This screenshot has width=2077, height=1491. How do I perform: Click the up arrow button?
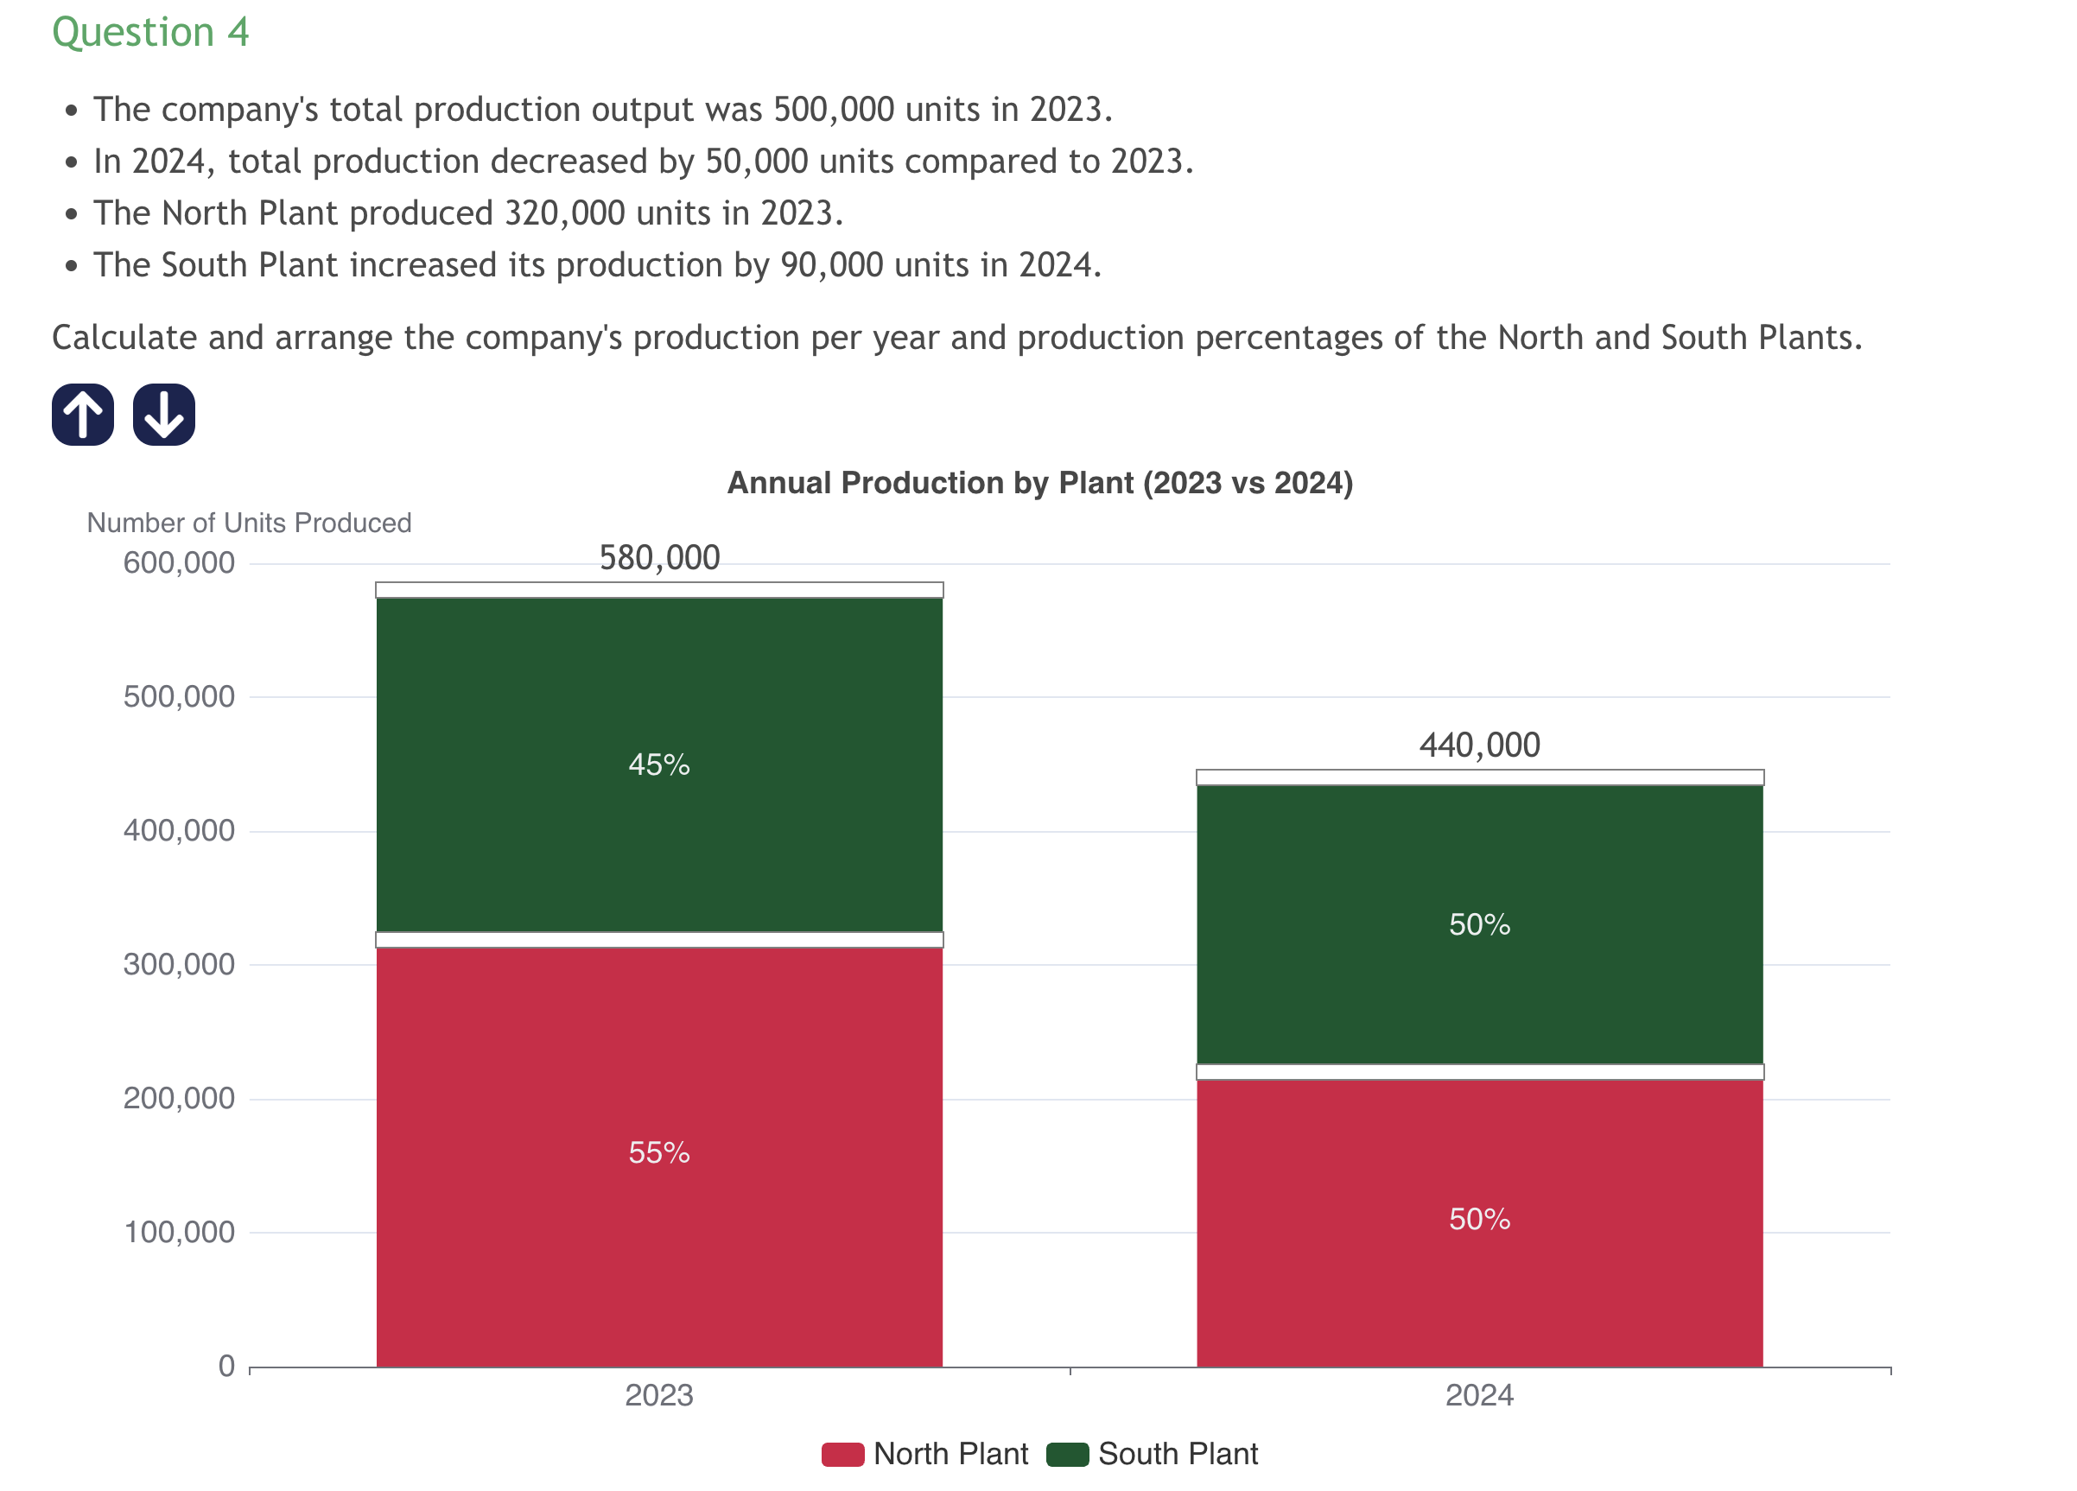(x=82, y=415)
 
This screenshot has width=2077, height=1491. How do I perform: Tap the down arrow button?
(x=164, y=415)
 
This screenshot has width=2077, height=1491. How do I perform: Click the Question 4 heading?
(x=150, y=33)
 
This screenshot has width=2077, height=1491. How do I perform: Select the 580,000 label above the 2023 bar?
(x=659, y=558)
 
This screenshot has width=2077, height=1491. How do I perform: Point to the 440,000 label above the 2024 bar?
(x=1479, y=745)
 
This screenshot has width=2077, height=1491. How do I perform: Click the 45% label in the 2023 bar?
(x=659, y=765)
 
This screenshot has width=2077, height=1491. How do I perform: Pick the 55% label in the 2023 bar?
(x=659, y=1152)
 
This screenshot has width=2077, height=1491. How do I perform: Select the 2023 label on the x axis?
(x=659, y=1396)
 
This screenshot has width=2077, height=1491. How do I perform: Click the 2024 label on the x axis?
(x=1479, y=1396)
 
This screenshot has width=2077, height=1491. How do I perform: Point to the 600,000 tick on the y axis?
(x=180, y=563)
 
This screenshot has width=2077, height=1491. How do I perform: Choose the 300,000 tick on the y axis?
(x=180, y=964)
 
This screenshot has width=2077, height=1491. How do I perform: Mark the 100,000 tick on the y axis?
(x=180, y=1233)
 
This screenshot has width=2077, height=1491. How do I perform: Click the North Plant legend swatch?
(x=842, y=1455)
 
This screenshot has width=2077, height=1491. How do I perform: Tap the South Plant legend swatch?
(x=1067, y=1455)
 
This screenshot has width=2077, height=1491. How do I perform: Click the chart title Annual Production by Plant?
(x=1039, y=483)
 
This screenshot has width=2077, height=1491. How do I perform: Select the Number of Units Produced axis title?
(x=249, y=523)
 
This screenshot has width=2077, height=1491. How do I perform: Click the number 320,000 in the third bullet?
(x=560, y=213)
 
